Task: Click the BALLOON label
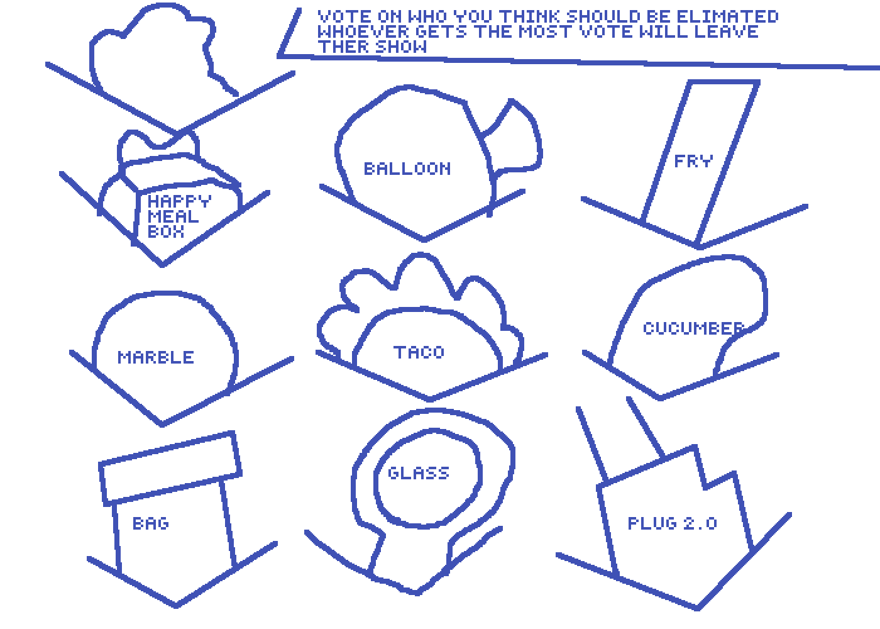[x=407, y=169]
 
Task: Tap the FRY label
[x=693, y=161]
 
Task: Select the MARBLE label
[x=156, y=357]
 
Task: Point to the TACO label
[x=419, y=352]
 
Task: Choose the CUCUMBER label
[x=693, y=328]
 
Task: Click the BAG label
[x=151, y=523]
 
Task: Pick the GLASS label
[x=419, y=473]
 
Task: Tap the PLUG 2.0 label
[x=672, y=523]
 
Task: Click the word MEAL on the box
[x=173, y=216]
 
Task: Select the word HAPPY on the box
[x=180, y=201]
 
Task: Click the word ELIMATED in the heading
[x=727, y=16]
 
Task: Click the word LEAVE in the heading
[x=726, y=31]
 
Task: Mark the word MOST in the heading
[x=544, y=31]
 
